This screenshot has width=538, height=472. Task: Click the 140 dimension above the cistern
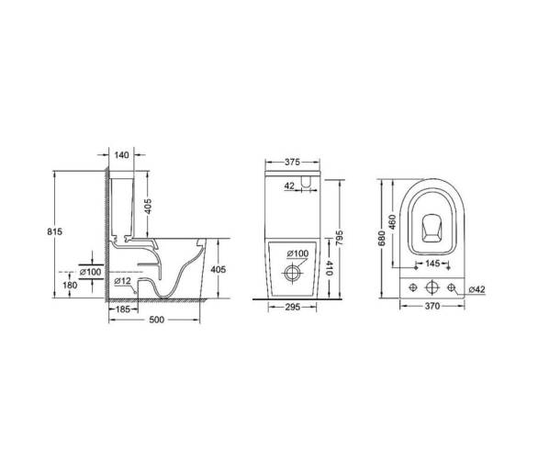click(121, 155)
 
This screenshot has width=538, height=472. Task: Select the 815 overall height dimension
click(54, 231)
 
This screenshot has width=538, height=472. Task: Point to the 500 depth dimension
click(157, 320)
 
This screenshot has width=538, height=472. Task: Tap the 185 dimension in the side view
click(122, 309)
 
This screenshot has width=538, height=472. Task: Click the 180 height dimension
click(70, 285)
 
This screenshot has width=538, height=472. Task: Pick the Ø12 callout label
click(122, 281)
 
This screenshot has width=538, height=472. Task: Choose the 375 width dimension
click(292, 162)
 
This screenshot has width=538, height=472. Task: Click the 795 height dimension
click(340, 238)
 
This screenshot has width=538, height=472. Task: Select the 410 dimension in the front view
click(329, 268)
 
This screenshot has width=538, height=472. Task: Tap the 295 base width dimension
click(293, 307)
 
